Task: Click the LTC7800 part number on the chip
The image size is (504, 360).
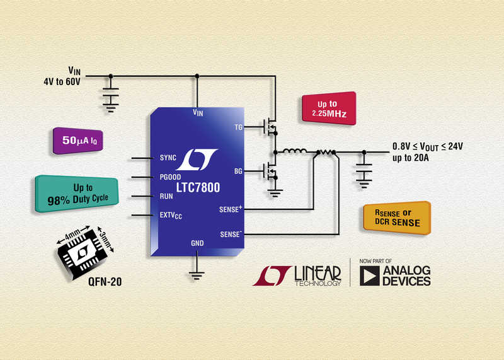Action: point(198,187)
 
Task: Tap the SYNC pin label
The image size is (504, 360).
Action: point(168,158)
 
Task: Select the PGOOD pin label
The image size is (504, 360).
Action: point(170,177)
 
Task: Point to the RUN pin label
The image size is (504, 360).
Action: point(166,196)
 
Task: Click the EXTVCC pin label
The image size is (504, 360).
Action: point(171,215)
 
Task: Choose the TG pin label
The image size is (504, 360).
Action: point(239,127)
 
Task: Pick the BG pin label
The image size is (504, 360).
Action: point(238,171)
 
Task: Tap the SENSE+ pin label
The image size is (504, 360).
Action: point(231,209)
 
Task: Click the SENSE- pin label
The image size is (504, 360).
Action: point(231,234)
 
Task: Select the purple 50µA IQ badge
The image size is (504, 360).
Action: point(77,141)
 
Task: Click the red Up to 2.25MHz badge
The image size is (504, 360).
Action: point(328,108)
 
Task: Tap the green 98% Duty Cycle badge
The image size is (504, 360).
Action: point(76,194)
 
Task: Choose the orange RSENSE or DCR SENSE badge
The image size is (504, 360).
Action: point(398,218)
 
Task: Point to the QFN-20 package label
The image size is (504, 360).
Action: point(105,282)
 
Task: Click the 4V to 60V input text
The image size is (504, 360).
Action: point(62,81)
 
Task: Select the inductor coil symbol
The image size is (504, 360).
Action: point(294,151)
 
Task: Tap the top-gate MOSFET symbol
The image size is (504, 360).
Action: point(270,126)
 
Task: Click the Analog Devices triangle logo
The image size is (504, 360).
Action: point(370,276)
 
